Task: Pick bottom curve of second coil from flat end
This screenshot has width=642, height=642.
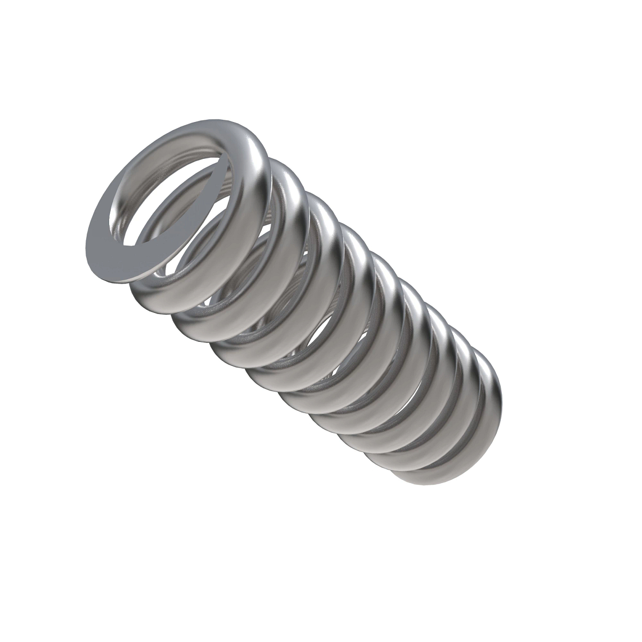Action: point(160,300)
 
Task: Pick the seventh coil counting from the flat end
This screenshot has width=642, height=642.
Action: point(439,342)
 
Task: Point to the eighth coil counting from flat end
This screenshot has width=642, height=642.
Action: point(460,369)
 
